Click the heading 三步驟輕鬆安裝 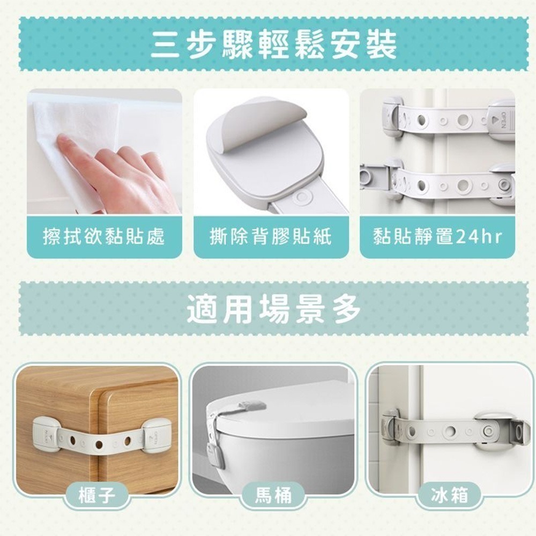(273, 44)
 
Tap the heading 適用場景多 (273, 309)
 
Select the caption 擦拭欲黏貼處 (104, 236)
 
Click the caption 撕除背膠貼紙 (271, 236)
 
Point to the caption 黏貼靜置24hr (437, 236)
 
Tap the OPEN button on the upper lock (501, 121)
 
